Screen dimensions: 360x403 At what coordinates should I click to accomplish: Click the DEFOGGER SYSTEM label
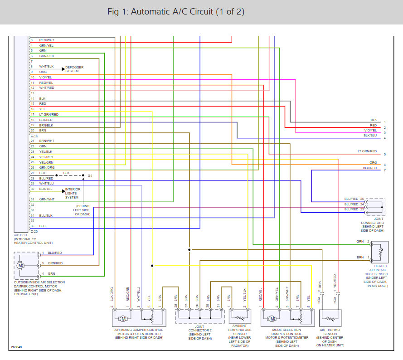click(74, 69)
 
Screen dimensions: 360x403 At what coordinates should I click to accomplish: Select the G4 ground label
click(90, 175)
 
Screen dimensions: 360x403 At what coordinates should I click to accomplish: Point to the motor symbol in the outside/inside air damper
click(20, 264)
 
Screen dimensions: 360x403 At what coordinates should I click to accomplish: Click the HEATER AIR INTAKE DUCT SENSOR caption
click(376, 274)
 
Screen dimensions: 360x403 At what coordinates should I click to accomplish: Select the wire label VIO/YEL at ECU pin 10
click(46, 77)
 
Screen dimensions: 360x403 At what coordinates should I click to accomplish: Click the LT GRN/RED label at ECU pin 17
click(49, 114)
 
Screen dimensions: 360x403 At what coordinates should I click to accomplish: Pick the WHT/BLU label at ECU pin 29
click(46, 183)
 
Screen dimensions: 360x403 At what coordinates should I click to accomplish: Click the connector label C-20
click(34, 231)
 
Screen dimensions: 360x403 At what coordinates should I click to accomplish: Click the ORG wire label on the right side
click(373, 162)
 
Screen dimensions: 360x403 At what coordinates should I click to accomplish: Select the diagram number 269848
click(17, 348)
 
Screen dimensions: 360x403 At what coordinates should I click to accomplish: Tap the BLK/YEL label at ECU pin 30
click(46, 188)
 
